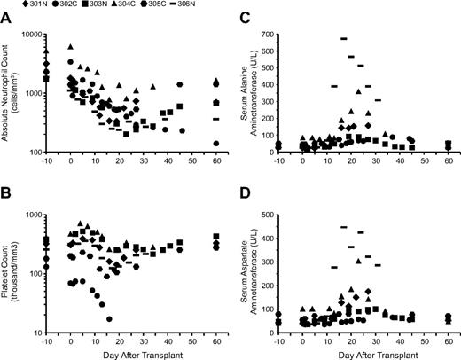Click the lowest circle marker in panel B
point(110,318)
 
